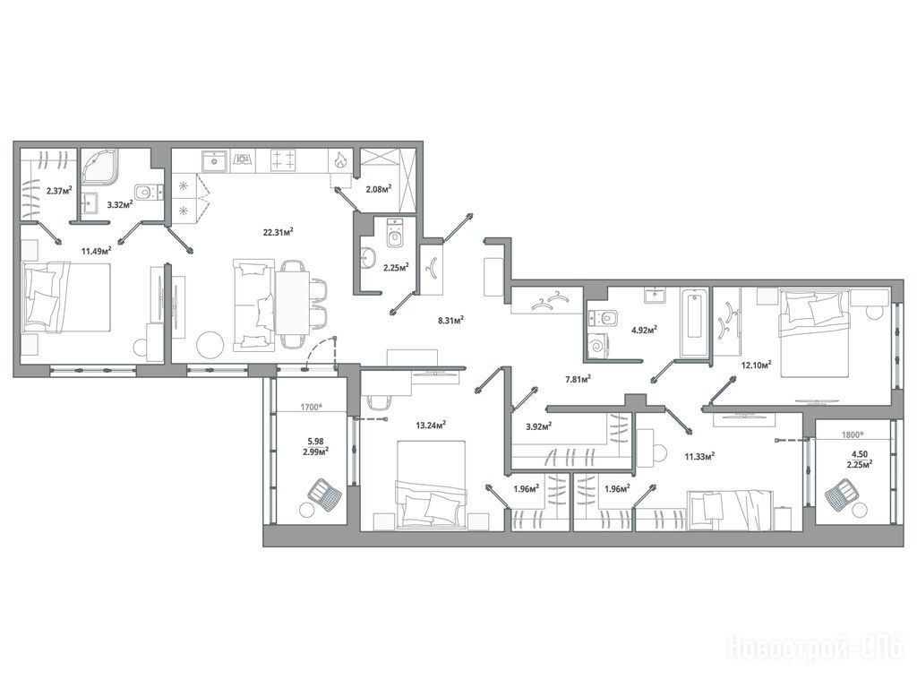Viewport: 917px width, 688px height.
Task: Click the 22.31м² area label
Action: [278, 232]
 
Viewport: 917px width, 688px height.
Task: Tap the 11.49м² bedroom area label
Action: [97, 251]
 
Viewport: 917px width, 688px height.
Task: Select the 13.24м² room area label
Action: [431, 425]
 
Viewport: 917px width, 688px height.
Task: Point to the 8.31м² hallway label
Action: [451, 320]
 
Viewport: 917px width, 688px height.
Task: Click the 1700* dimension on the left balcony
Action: [312, 407]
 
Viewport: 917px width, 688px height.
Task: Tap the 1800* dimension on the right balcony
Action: [853, 434]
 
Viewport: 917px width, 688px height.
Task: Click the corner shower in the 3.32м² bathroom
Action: [100, 166]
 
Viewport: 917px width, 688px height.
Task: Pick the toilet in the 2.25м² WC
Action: [396, 234]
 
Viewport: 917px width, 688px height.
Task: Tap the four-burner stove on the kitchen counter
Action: [284, 160]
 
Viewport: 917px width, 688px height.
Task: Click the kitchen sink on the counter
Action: [215, 160]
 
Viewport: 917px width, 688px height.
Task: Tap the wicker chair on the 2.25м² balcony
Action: [842, 494]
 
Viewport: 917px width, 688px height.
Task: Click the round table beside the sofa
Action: [210, 345]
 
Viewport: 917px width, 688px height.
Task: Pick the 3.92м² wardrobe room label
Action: [539, 426]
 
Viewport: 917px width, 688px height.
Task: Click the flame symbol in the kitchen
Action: [339, 160]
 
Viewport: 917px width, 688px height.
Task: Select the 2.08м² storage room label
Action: [379, 188]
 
